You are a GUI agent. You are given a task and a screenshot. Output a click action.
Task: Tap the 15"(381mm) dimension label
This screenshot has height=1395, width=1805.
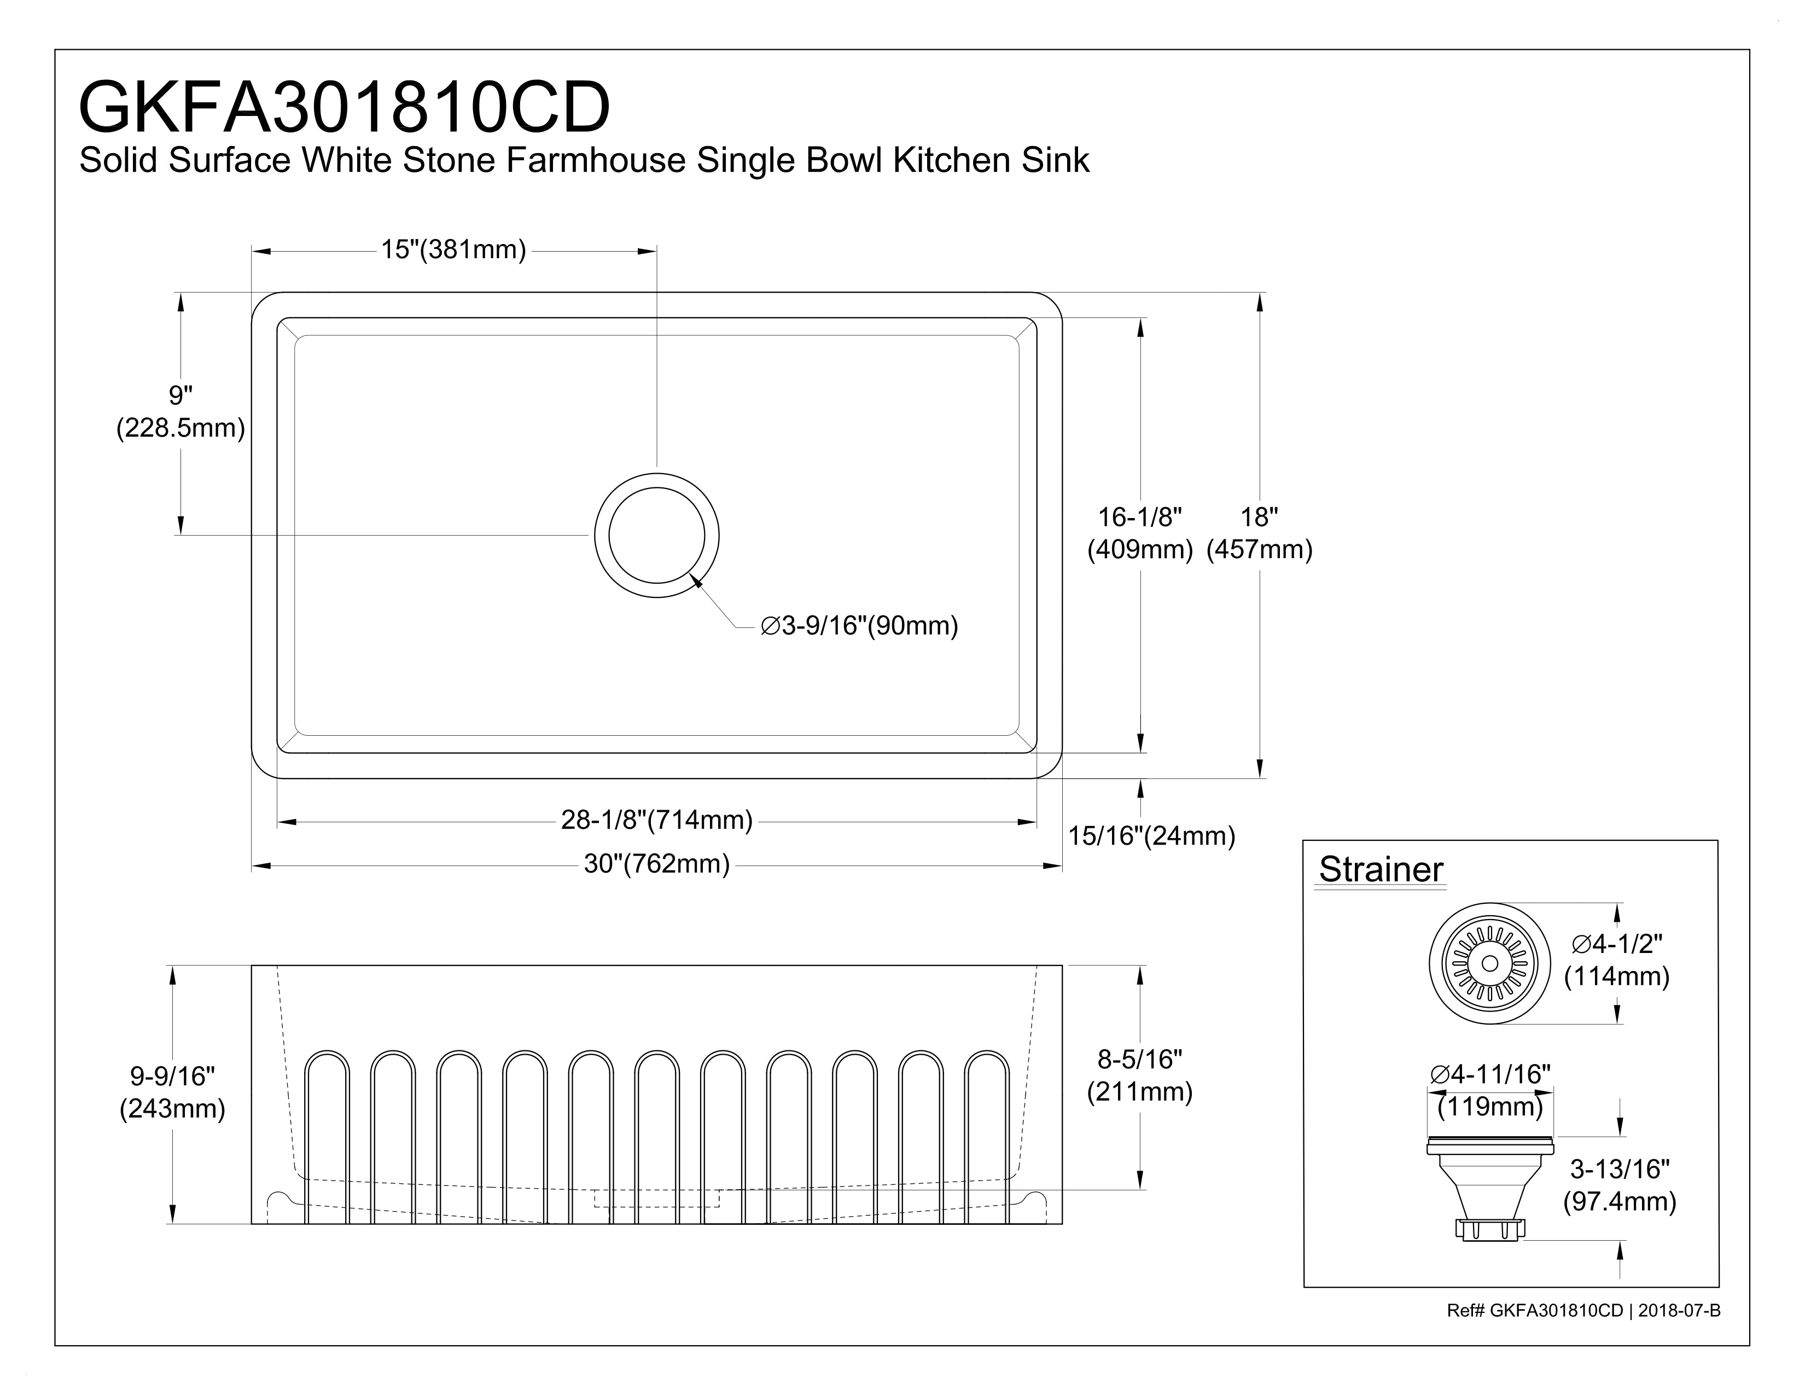[453, 249]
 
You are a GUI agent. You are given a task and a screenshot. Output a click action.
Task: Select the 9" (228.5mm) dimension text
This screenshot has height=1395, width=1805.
[180, 411]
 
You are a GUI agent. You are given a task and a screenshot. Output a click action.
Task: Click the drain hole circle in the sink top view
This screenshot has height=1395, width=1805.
[657, 536]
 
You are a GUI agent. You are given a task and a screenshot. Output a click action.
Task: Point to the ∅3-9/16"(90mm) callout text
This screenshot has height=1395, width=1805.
[859, 626]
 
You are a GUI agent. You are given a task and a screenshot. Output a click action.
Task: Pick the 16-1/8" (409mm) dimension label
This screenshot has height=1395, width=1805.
[1140, 533]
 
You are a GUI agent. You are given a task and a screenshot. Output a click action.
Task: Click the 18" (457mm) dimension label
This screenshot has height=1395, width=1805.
[1260, 533]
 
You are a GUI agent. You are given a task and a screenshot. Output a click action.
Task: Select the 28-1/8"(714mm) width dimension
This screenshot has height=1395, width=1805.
[657, 820]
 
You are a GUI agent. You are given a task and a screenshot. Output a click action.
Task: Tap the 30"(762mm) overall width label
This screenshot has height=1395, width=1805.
[657, 864]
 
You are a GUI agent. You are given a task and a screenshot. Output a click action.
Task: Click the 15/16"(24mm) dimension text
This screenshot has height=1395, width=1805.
[1151, 836]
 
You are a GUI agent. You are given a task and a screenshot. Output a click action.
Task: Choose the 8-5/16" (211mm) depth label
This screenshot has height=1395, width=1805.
[1140, 1075]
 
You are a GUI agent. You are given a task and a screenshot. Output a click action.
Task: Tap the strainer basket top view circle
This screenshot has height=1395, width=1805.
[1490, 963]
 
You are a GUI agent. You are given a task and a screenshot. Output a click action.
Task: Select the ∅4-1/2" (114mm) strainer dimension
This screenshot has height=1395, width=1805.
[1616, 960]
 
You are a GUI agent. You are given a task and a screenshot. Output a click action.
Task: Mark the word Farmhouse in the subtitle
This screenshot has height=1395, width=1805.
[596, 160]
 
